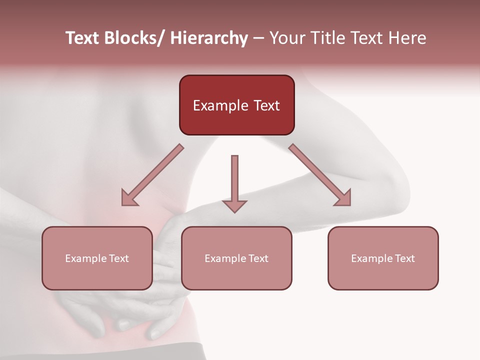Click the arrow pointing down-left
click(x=152, y=175)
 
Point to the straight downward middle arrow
click(x=234, y=182)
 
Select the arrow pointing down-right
click(x=319, y=174)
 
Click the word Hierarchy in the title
click(x=209, y=38)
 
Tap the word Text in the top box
click(x=266, y=106)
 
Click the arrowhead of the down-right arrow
click(x=342, y=197)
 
